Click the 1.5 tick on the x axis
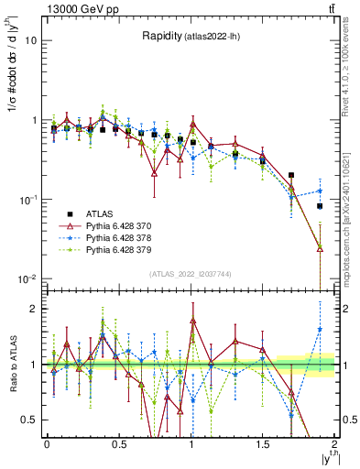pyautogui.click(x=264, y=443)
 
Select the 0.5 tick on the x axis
pyautogui.click(x=119, y=443)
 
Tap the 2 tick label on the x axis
pyautogui.click(x=336, y=443)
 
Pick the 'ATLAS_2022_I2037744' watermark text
pyautogui.click(x=191, y=274)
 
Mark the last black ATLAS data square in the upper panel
pyautogui.click(x=320, y=206)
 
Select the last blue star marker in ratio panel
pyautogui.click(x=320, y=329)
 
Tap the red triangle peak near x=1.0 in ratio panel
pyautogui.click(x=193, y=321)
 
